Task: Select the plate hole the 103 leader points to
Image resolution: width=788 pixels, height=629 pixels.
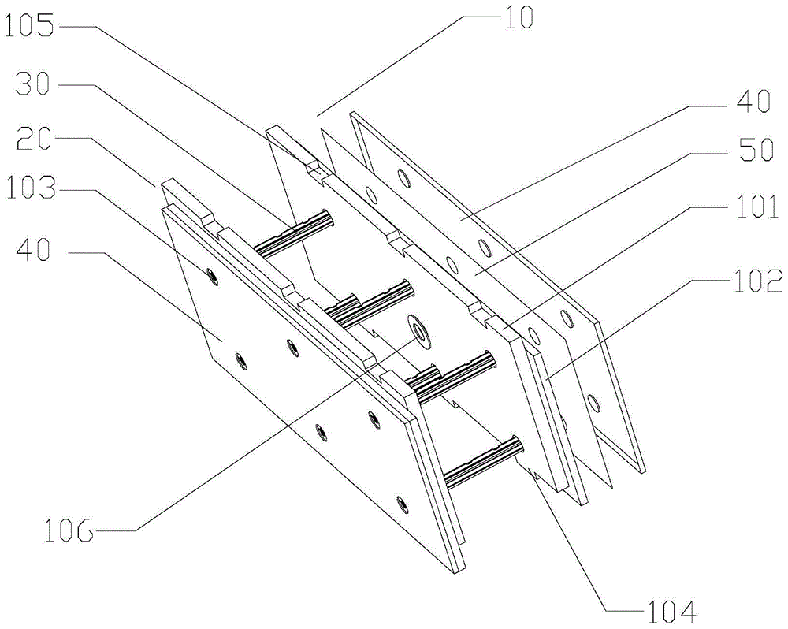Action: tap(212, 274)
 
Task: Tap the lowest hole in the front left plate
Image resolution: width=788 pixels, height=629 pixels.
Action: tap(402, 501)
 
